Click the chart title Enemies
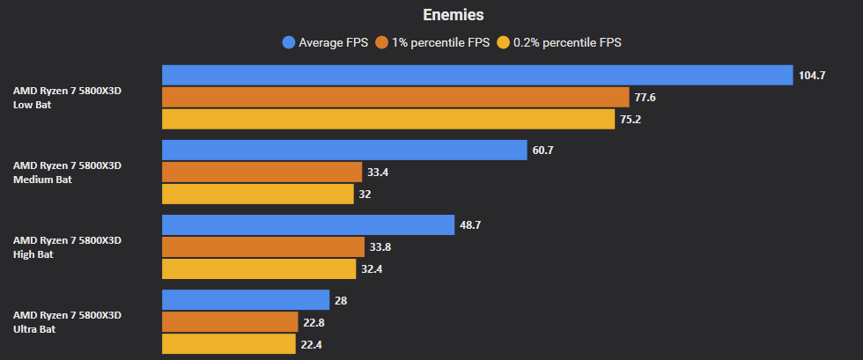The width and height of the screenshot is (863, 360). (x=454, y=15)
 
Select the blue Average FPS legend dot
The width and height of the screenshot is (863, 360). (x=288, y=42)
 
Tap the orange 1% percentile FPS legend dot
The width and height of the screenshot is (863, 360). (x=382, y=42)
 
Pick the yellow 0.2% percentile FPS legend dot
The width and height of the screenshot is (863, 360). (x=505, y=42)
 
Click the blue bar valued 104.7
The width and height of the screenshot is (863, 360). (x=477, y=76)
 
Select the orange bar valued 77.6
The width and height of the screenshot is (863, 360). (x=395, y=97)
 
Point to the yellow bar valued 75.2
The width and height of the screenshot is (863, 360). (x=388, y=119)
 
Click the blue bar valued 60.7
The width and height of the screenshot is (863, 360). (x=344, y=151)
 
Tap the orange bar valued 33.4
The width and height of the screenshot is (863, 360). (x=262, y=172)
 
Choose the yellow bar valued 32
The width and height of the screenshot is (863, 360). (x=257, y=194)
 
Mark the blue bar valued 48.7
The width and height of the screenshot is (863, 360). (x=308, y=225)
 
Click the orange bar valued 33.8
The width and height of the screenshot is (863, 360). (x=262, y=246)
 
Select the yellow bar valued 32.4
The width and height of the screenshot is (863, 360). (x=258, y=268)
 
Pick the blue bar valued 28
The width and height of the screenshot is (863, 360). (x=246, y=300)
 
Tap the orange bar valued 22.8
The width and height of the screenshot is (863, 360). (x=230, y=322)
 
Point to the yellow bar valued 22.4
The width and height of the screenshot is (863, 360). (x=229, y=343)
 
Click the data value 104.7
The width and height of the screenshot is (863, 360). (x=812, y=76)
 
